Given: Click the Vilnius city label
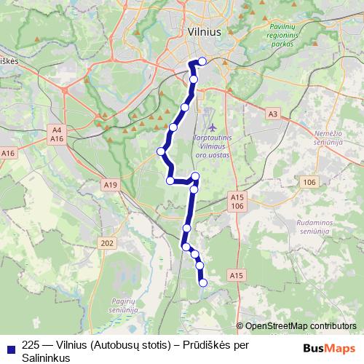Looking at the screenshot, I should [x=203, y=32].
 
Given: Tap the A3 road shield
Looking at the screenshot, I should [x=273, y=114].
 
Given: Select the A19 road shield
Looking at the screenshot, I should [x=111, y=186].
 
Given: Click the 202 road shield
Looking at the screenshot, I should [x=107, y=242].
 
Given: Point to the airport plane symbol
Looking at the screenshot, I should [x=213, y=128].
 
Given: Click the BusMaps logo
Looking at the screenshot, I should [x=330, y=348].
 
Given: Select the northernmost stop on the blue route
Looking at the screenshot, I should [x=202, y=61].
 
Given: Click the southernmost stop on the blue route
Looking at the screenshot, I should [x=203, y=282].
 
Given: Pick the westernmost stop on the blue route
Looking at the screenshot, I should [x=161, y=151].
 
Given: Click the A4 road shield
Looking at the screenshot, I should [x=56, y=130].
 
